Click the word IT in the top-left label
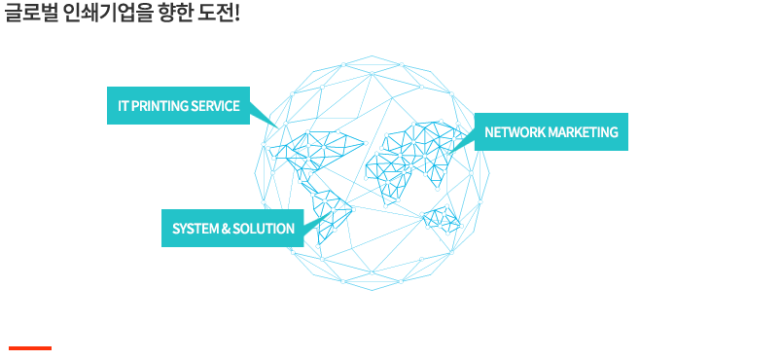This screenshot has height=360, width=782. pos(124,106)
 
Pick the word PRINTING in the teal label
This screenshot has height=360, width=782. pos(160,106)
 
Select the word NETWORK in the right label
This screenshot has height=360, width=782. pos(515,132)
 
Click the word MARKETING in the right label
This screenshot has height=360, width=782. pos(583,132)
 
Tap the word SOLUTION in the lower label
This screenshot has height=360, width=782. pos(264,229)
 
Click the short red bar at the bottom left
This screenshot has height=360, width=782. pos(30,347)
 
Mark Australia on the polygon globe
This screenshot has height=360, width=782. pos(443,217)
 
